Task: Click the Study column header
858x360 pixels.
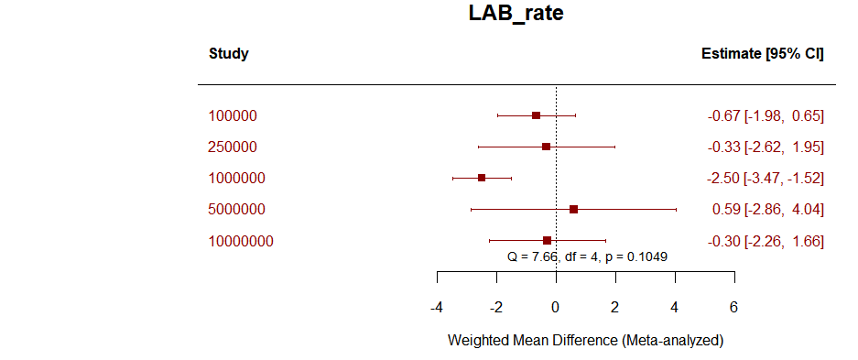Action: pyautogui.click(x=228, y=53)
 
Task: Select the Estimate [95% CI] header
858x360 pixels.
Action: pyautogui.click(x=762, y=53)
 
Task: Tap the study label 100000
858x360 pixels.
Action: pyautogui.click(x=233, y=116)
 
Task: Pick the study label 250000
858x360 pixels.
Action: pyautogui.click(x=233, y=147)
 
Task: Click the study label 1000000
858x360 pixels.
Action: pyautogui.click(x=236, y=179)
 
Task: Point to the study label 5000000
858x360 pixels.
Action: pyautogui.click(x=236, y=210)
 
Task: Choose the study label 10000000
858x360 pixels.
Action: pyautogui.click(x=241, y=241)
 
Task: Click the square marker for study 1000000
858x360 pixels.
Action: pyautogui.click(x=482, y=178)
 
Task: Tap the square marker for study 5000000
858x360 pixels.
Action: pyautogui.click(x=573, y=209)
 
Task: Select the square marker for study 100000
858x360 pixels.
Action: pyautogui.click(x=536, y=115)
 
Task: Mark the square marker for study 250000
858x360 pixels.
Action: pyautogui.click(x=546, y=147)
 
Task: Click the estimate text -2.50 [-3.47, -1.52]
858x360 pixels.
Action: pyautogui.click(x=766, y=179)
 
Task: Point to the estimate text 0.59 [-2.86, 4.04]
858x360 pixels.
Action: pyautogui.click(x=767, y=210)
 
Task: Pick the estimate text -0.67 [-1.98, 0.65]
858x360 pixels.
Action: pyautogui.click(x=766, y=116)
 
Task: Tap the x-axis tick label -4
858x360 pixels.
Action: pyautogui.click(x=437, y=307)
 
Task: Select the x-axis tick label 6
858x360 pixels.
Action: pyautogui.click(x=733, y=307)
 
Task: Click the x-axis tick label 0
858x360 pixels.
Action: pyautogui.click(x=556, y=307)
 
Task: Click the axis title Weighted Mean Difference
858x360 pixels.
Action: pyautogui.click(x=585, y=341)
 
